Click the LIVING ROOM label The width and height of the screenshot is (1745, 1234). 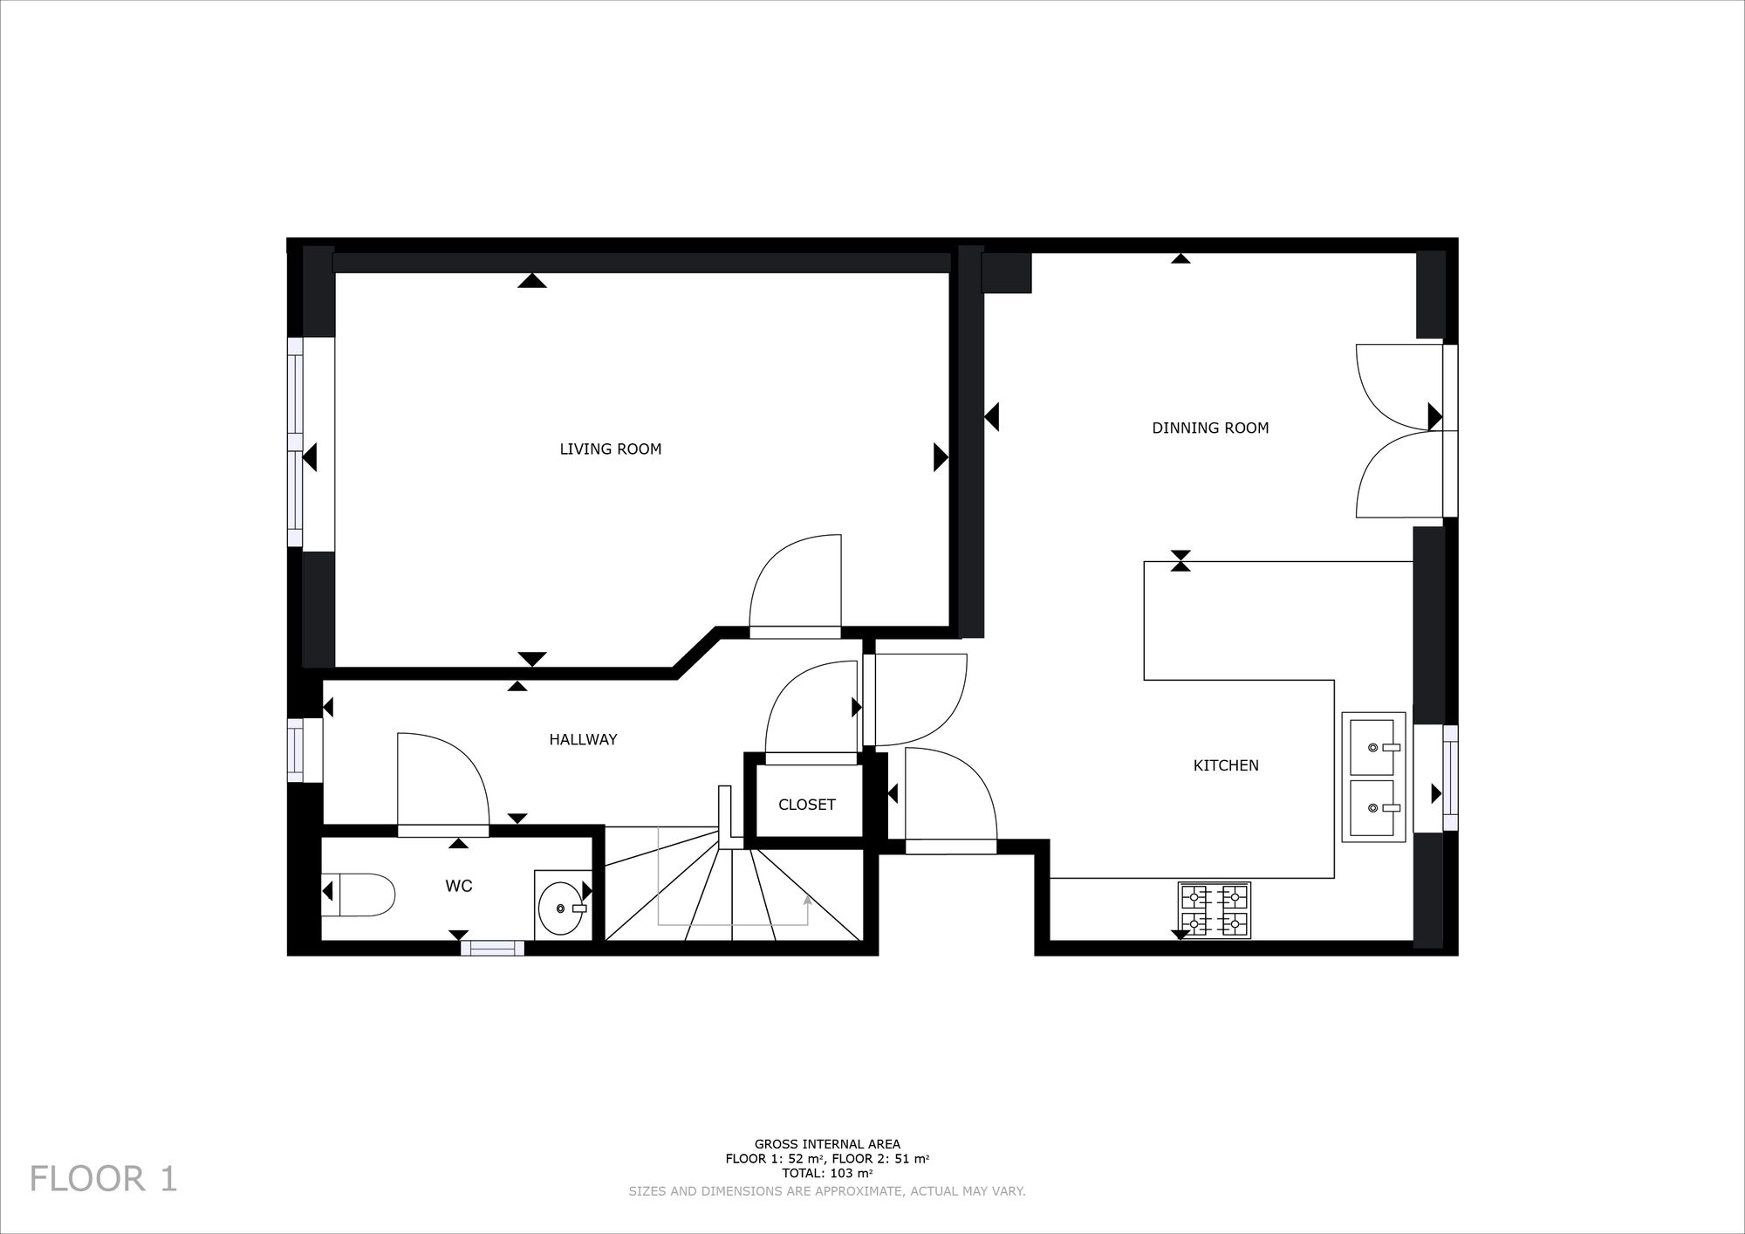(x=610, y=449)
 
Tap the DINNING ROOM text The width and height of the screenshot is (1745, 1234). (x=1210, y=428)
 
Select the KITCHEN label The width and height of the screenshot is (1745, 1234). (x=1226, y=765)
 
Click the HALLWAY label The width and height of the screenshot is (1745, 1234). (x=583, y=740)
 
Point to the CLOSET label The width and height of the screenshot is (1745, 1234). (x=806, y=805)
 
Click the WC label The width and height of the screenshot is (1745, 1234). (x=459, y=887)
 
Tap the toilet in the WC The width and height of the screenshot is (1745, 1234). (x=360, y=895)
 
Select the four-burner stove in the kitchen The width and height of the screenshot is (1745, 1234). (x=1214, y=910)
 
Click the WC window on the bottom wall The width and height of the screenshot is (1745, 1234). (x=492, y=949)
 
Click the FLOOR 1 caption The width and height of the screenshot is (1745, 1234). (x=104, y=1179)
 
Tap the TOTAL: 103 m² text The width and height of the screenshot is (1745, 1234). (x=827, y=1173)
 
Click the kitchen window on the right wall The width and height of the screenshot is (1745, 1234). (x=1449, y=777)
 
